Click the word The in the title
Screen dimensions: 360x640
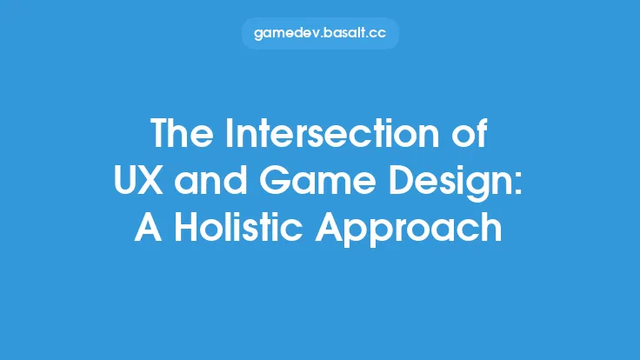coord(181,135)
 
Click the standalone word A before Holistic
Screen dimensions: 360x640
coord(148,228)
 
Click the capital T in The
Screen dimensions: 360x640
coord(162,135)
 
